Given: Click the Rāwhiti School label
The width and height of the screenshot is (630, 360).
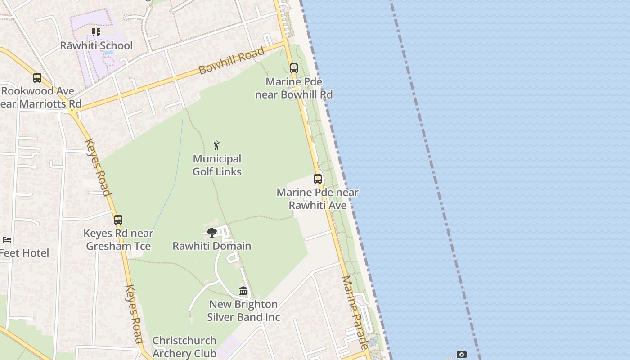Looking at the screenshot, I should (x=96, y=45).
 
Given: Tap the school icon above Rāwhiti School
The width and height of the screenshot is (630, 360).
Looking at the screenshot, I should (x=96, y=32).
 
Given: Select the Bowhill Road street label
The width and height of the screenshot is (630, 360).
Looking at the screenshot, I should (x=231, y=61).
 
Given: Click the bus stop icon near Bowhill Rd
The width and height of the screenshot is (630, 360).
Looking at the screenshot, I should (x=294, y=68).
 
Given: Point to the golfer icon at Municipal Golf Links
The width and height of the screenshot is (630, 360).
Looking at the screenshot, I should (x=216, y=145).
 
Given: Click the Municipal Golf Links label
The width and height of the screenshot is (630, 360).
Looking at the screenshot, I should (x=217, y=165).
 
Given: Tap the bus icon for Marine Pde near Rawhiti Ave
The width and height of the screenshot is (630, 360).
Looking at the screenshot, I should (x=318, y=179).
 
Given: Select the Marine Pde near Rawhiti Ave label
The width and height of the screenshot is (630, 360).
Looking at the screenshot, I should (x=318, y=199).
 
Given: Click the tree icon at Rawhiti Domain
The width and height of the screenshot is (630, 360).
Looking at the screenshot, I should (x=212, y=233).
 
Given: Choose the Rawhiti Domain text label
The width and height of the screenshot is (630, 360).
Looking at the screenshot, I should (x=212, y=246).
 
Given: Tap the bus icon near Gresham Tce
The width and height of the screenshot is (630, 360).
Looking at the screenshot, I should (x=118, y=220).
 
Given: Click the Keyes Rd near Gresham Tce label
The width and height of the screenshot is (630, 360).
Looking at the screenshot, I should (x=118, y=240).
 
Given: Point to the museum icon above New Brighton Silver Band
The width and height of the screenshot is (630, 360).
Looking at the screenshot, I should (x=243, y=291).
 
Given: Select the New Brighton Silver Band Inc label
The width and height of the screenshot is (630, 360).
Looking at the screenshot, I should (x=243, y=310).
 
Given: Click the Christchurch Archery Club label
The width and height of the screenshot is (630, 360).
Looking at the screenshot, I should (x=184, y=347).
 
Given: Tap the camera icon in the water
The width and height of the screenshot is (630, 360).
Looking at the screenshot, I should (x=461, y=355).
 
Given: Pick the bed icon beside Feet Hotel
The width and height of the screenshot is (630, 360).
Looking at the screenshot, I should (x=7, y=239).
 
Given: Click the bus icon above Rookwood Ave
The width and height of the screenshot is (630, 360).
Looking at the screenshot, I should (x=37, y=78).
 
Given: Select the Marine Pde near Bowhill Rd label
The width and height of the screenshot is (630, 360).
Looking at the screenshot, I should (x=294, y=88).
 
